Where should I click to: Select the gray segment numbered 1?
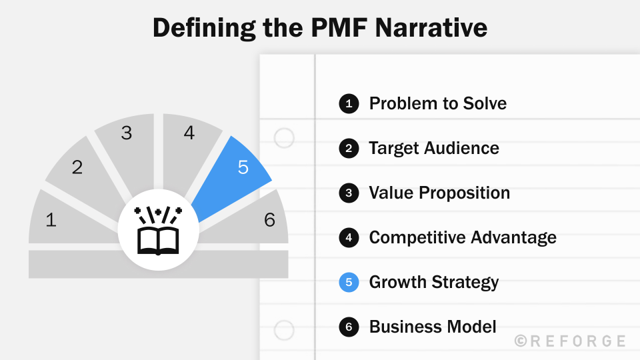pos(60,219)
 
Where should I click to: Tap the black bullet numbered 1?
pos(349,103)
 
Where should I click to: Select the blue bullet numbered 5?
pos(349,282)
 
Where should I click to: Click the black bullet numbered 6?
pos(349,327)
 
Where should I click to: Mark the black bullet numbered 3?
pos(349,193)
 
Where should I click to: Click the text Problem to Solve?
pos(437,103)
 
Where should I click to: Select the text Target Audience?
pos(433,148)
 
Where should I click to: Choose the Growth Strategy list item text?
pos(433,282)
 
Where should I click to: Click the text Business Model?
pos(432,327)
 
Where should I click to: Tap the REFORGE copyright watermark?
pos(571,341)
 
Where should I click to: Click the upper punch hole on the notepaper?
pos(285,139)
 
